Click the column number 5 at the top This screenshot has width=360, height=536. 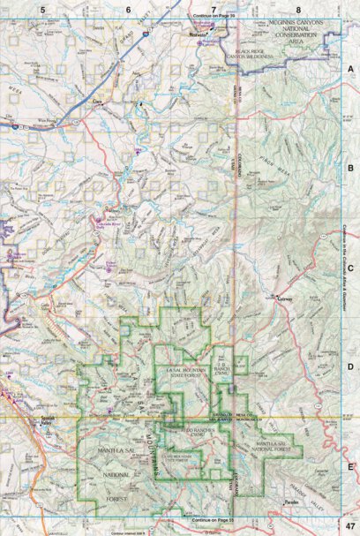tap(42, 10)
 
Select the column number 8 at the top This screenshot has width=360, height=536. tap(297, 10)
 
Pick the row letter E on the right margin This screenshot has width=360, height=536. tap(349, 467)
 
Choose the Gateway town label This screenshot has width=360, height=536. tap(285, 298)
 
